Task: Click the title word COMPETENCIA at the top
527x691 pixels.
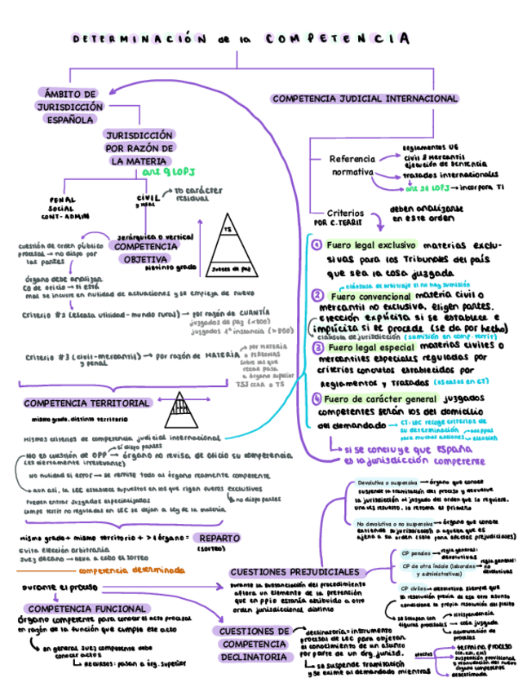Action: pos(337,38)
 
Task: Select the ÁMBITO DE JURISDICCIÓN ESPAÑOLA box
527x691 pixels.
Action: pos(69,107)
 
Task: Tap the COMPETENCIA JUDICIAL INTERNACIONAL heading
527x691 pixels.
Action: pos(365,99)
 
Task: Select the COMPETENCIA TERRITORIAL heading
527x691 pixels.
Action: pos(87,403)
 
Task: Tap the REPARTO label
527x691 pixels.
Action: pos(219,539)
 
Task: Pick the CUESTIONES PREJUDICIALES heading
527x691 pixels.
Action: pos(294,572)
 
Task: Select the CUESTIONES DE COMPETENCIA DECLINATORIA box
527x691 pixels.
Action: pos(254,644)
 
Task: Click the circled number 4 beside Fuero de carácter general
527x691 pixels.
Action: pos(317,399)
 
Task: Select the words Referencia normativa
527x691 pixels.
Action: pos(351,165)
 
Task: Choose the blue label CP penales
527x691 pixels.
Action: pos(416,553)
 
